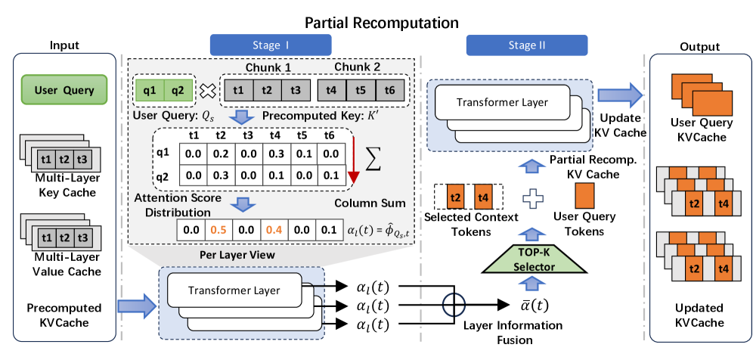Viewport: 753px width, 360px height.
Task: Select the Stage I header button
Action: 261,45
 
